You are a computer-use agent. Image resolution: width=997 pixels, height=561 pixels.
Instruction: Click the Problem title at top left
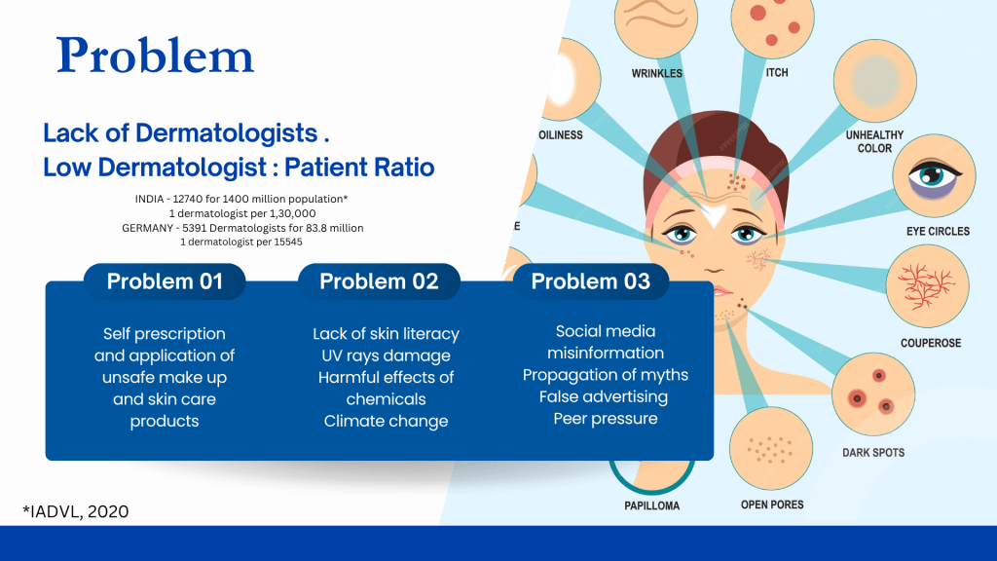pos(155,56)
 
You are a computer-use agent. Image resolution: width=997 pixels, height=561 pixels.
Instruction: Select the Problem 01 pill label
pos(165,281)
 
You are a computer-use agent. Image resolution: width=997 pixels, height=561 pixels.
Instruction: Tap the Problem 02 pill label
pos(379,281)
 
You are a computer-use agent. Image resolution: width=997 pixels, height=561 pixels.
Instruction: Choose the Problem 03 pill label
pos(591,281)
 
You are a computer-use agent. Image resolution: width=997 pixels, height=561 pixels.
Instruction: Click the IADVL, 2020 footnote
pos(76,511)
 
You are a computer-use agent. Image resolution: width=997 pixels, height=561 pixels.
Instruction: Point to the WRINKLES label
pos(657,73)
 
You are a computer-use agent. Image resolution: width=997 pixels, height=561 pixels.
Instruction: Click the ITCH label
pos(776,72)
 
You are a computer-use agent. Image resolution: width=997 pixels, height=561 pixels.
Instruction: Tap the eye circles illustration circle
pos(934,175)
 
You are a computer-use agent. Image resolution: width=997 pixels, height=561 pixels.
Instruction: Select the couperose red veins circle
pos(927,285)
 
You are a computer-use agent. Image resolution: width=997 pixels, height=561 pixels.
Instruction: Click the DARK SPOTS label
pos(873,452)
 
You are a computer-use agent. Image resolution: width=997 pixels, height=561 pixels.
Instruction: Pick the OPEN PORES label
pos(772,505)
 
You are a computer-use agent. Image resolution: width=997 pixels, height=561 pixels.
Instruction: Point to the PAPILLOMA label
pos(651,505)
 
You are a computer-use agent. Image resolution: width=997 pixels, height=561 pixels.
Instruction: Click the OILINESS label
pos(560,134)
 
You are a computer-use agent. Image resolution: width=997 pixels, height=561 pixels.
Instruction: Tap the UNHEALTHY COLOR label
pos(874,141)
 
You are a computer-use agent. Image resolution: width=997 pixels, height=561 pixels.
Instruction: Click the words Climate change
pos(386,421)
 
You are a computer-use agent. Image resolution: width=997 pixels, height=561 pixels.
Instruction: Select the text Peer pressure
pos(606,419)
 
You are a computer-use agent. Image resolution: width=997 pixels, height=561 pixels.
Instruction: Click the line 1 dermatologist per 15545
pos(241,242)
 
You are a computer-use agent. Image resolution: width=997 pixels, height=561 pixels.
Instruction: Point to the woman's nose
pos(715,263)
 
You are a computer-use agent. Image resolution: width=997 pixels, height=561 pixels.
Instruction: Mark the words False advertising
pos(604,397)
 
